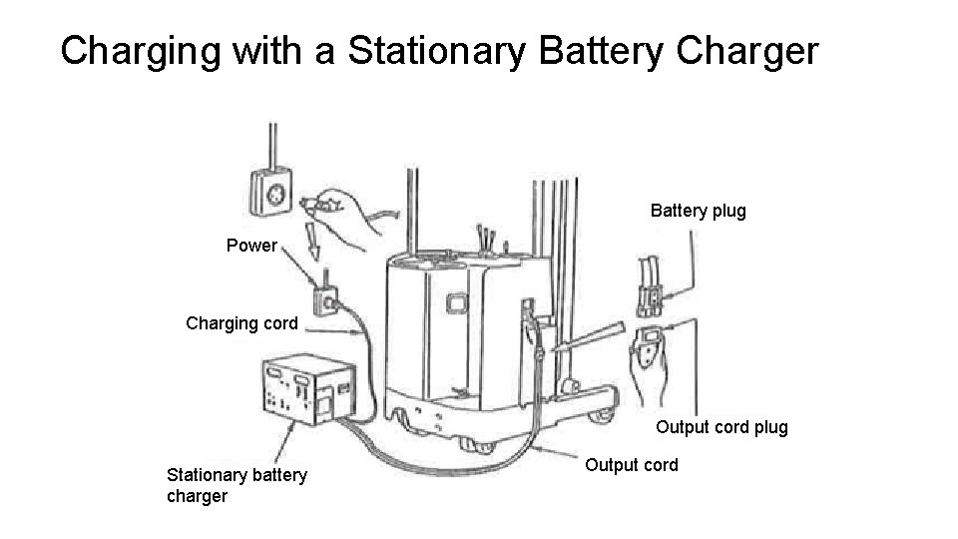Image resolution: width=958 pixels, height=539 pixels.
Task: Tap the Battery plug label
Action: coord(698,211)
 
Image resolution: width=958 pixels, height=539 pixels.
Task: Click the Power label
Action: coord(251,246)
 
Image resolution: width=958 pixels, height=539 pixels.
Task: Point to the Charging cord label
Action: coord(241,322)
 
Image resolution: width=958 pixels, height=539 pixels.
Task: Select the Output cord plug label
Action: coord(721,427)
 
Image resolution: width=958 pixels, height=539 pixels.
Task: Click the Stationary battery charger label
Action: coord(237,485)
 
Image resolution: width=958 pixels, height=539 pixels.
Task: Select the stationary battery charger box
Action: coord(305,388)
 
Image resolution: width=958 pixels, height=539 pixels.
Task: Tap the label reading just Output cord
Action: coord(631,464)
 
